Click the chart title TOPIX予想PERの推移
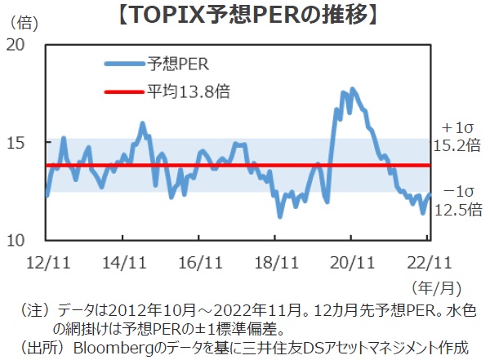[x=245, y=16]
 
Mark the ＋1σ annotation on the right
[x=457, y=128]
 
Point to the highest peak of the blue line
[x=353, y=89]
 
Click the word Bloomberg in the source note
[x=107, y=348]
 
